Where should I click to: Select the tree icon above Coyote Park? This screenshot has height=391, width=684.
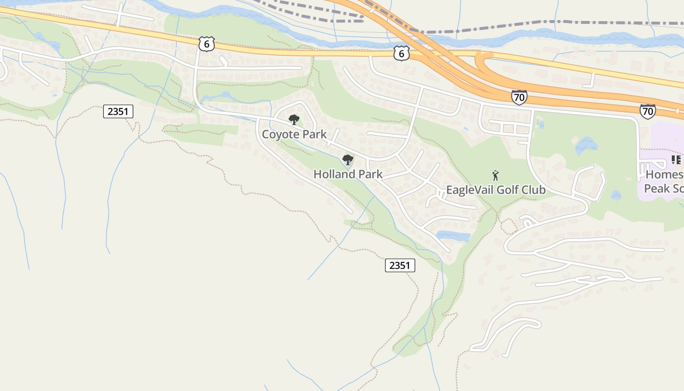click(x=294, y=120)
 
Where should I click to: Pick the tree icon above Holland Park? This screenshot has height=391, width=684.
click(x=347, y=159)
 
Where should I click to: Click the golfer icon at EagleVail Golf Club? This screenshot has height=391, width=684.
click(x=495, y=175)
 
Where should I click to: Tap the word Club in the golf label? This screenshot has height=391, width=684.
click(x=534, y=190)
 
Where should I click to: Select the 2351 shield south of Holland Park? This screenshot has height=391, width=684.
click(x=400, y=265)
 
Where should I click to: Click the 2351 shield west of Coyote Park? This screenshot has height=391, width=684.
click(x=118, y=111)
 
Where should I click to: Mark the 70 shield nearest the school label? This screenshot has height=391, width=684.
click(x=647, y=111)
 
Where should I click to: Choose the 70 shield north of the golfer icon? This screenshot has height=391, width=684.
click(x=519, y=97)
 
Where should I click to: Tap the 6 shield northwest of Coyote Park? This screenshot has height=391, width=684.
click(x=206, y=43)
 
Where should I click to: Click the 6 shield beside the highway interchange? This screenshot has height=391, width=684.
click(x=401, y=54)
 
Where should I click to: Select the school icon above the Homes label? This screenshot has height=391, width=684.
click(x=677, y=160)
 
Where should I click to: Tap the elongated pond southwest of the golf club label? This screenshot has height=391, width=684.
click(x=453, y=236)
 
